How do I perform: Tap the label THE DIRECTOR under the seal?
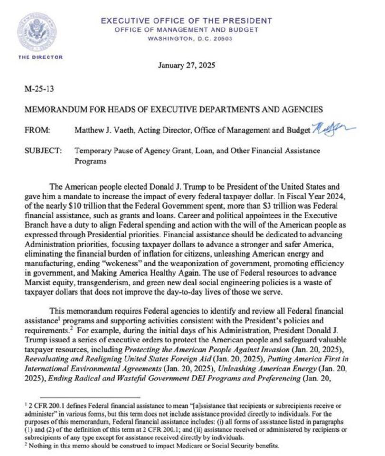(40, 57)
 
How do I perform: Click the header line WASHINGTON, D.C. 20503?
(190, 39)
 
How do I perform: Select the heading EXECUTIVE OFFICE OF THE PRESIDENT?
(187, 21)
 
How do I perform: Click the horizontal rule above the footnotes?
(90, 397)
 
